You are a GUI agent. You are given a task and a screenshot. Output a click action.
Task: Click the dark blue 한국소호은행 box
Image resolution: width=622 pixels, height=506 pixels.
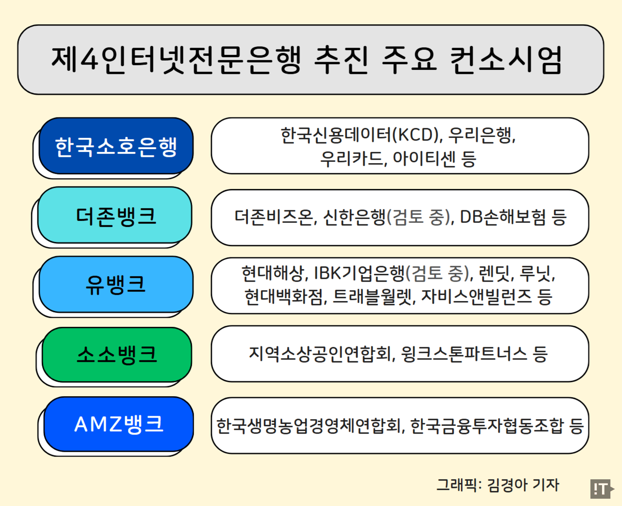[x=116, y=146]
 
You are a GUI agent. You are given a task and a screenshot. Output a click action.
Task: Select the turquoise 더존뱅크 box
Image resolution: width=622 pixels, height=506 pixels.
[x=115, y=216]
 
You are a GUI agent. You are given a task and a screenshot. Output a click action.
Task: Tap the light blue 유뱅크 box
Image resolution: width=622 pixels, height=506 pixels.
[x=116, y=285]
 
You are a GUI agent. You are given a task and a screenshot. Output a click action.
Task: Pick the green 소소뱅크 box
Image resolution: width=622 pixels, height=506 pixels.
[x=117, y=354]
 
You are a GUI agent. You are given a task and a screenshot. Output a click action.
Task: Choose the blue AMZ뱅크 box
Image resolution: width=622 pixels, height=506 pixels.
[x=118, y=424]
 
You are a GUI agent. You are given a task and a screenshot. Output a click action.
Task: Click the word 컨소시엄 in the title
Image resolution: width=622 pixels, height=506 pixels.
[x=505, y=60]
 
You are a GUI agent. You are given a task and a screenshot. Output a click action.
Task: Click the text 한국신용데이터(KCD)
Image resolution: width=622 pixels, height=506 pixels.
[x=360, y=135]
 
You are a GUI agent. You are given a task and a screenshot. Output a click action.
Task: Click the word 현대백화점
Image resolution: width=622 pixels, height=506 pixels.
[x=284, y=296]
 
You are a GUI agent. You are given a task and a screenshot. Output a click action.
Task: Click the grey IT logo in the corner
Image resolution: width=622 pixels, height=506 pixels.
[x=601, y=489]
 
